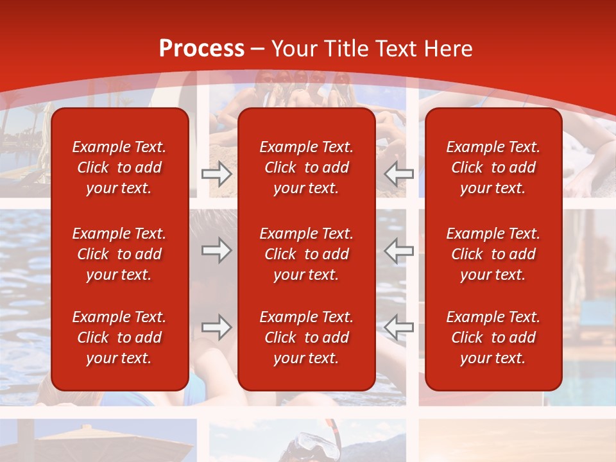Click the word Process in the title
tap(201, 49)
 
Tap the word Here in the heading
tap(447, 49)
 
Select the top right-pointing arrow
tap(217, 173)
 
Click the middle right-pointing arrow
tap(217, 250)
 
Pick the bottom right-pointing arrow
tap(217, 327)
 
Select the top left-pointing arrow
tap(398, 173)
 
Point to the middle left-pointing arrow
tap(398, 250)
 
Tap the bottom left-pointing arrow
tap(398, 327)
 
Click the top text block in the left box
tap(119, 167)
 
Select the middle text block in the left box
tap(119, 254)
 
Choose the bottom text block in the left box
tap(119, 338)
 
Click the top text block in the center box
tap(306, 167)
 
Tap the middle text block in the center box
tap(306, 254)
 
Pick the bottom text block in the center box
tap(306, 338)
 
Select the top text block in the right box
tap(493, 167)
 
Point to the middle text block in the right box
tap(493, 254)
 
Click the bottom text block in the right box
tap(493, 338)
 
